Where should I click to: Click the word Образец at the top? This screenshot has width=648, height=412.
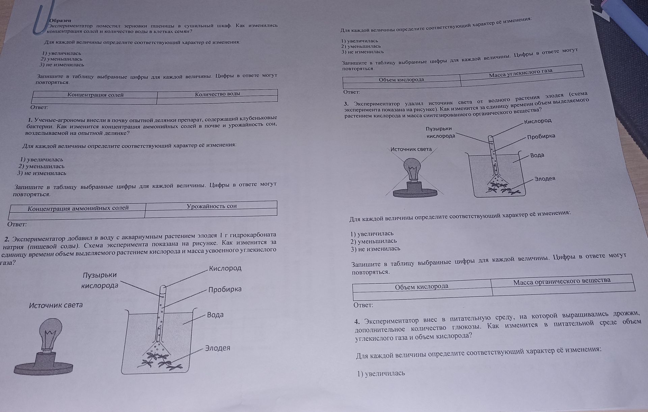pos(60,21)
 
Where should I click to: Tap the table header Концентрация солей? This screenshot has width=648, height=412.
pos(96,95)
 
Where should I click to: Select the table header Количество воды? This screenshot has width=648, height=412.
pos(217,94)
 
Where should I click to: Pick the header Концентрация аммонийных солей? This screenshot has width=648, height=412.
pos(78,208)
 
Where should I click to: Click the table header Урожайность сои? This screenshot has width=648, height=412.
pos(212,206)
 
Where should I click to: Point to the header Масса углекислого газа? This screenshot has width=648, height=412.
pos(521,73)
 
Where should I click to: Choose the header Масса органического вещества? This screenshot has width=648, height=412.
pos(562,281)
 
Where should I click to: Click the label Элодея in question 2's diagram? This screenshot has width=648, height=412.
pos(218,348)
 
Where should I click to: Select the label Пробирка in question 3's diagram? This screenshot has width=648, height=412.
pos(541,136)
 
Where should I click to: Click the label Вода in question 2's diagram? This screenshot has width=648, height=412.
pos(215,315)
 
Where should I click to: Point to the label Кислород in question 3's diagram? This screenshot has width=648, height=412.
pos(538,121)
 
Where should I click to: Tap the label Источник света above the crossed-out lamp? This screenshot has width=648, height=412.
pos(411,149)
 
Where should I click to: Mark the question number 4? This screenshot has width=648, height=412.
pos(357,321)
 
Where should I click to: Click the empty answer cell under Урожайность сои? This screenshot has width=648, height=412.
pos(211,213)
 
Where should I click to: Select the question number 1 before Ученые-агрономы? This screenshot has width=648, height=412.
pos(30,120)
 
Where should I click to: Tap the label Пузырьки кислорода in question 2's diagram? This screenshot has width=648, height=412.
pos(100,280)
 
